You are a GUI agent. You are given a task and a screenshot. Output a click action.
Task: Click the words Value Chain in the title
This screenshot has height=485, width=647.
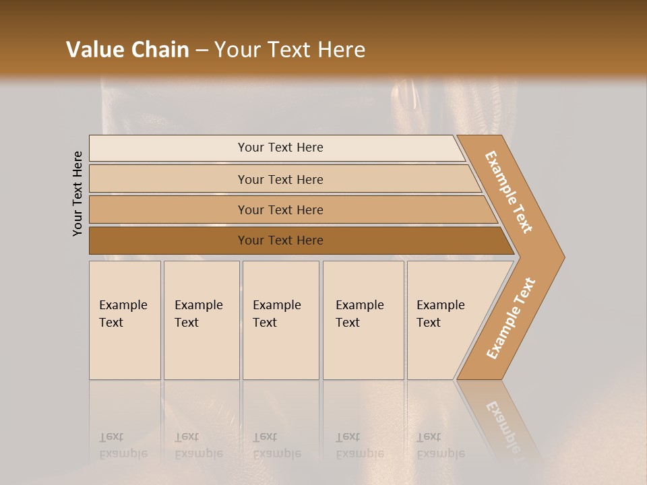127,50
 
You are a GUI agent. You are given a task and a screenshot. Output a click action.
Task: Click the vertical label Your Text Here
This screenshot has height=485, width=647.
78,193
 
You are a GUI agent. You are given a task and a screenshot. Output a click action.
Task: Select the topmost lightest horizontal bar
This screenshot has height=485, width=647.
168,148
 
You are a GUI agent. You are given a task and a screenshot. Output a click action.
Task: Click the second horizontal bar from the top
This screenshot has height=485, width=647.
168,179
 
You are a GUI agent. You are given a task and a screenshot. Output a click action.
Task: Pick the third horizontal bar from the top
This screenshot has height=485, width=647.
168,209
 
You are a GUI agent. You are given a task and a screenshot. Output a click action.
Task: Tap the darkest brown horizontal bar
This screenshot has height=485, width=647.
168,240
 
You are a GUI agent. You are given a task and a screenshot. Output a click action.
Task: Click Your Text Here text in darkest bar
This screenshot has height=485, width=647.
280,240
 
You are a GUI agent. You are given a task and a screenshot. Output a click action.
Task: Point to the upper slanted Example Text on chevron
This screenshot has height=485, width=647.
509,192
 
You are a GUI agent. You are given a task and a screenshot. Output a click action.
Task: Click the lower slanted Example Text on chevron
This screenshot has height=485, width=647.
510,319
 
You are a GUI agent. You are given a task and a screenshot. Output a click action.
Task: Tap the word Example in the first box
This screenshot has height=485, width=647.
123,305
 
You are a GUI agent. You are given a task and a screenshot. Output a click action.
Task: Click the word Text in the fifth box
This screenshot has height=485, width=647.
429,323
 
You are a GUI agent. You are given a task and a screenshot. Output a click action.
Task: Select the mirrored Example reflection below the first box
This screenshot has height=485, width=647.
123,453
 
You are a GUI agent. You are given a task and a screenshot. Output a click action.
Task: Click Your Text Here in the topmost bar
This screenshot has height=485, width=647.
280,148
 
